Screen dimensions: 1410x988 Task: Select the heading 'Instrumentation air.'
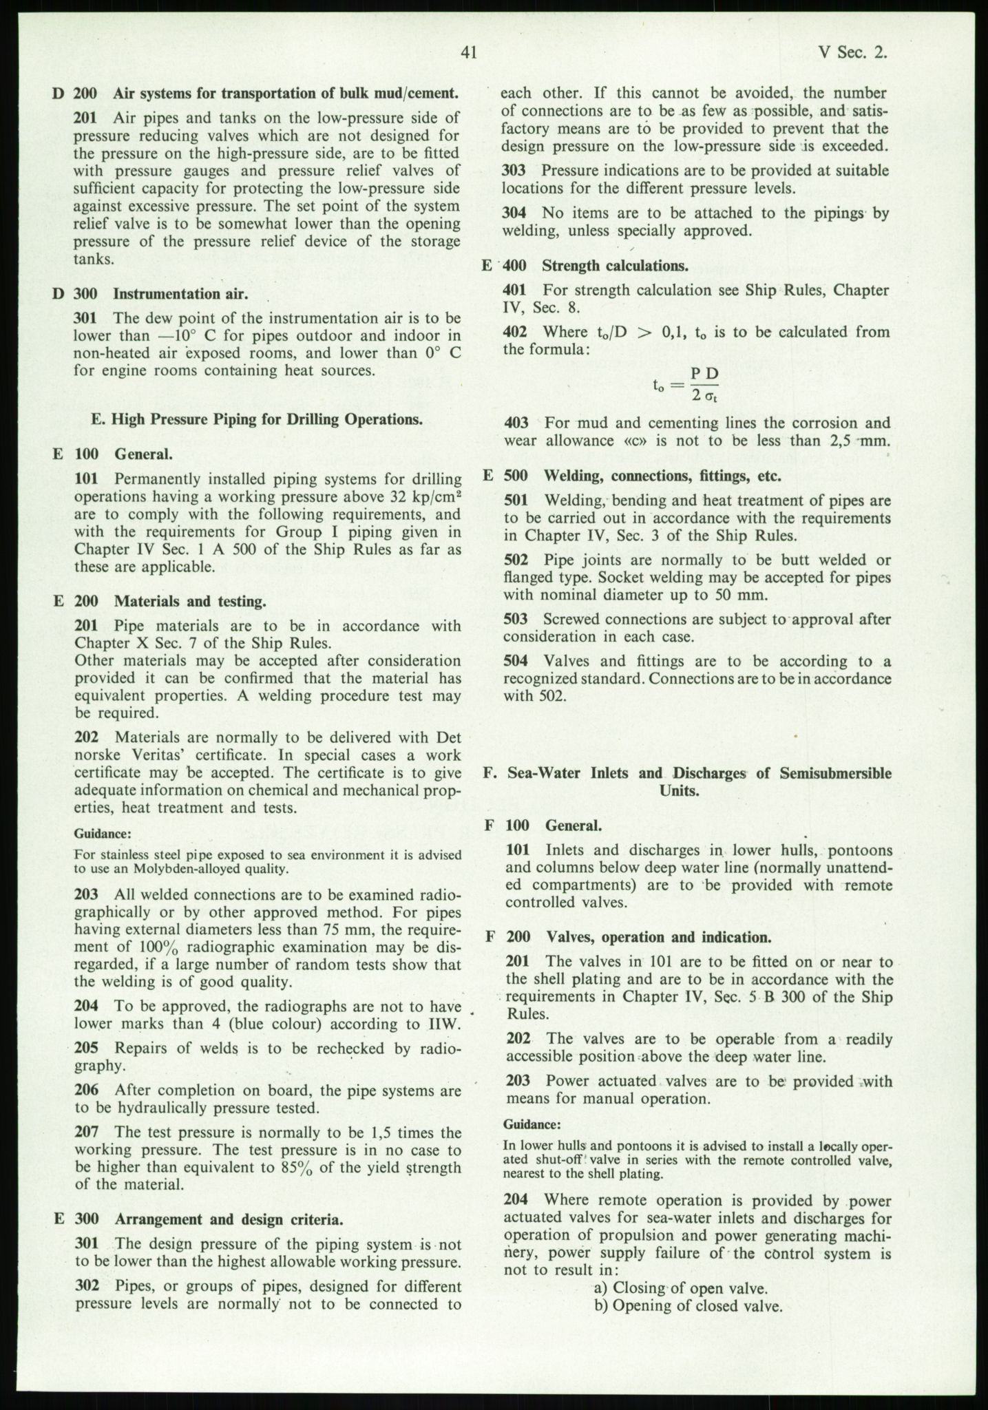coord(180,294)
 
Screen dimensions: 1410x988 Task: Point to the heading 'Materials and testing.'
coord(190,601)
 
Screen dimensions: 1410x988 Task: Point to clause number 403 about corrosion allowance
coord(517,423)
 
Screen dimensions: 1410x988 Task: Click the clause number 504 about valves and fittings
coord(516,661)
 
